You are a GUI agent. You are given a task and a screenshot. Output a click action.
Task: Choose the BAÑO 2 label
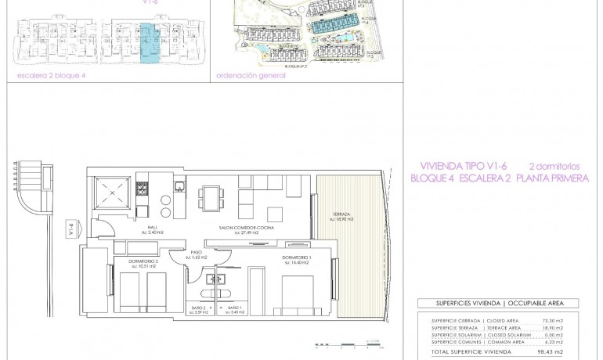[200, 310]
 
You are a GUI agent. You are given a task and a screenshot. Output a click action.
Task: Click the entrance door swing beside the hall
[100, 230]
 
